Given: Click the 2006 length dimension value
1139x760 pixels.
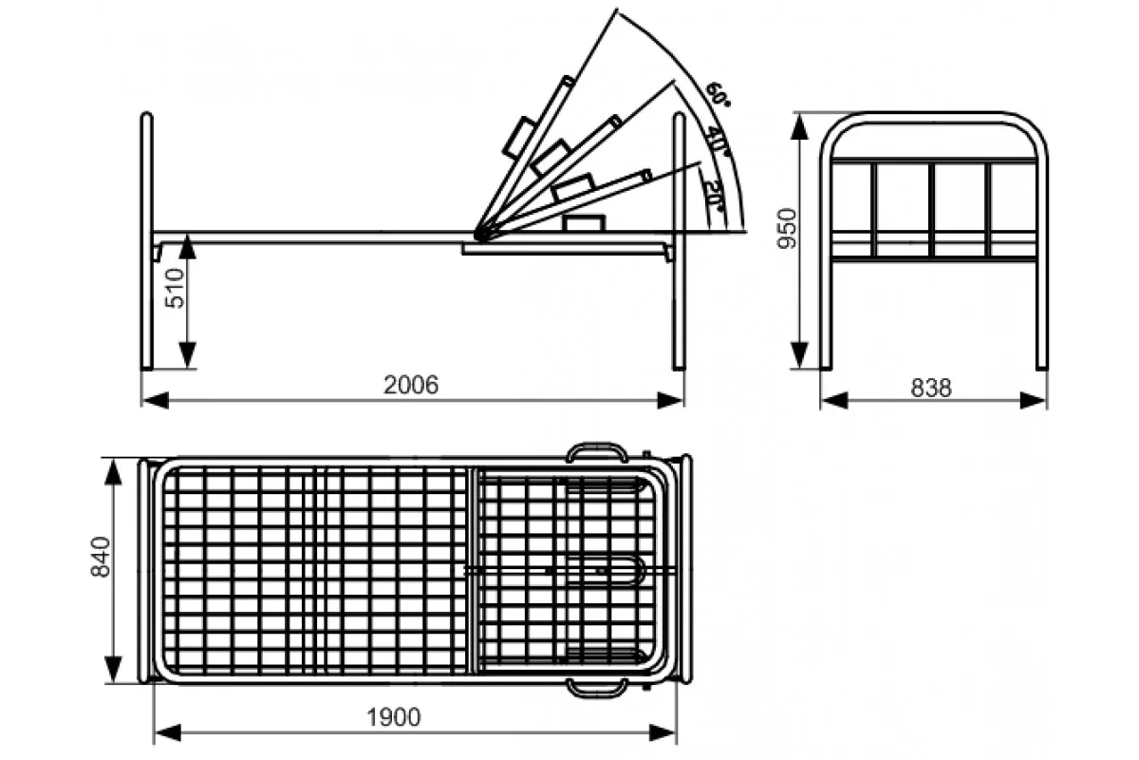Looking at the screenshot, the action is coord(411,385).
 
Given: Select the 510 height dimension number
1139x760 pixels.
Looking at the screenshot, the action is coord(175,288).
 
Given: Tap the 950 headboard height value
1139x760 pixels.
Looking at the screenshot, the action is coord(787,229).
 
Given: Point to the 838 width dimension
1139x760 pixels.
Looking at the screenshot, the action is coord(931,388).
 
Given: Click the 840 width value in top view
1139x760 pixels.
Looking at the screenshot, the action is coord(101,557).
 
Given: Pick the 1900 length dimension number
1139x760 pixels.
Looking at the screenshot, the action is coord(394,717).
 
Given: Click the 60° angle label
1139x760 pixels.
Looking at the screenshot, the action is coord(718,95).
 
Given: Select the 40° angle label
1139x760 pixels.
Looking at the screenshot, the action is coord(716,140).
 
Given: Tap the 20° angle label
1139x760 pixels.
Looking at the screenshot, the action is coord(715,197).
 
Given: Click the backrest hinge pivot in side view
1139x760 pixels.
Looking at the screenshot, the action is coord(480,234).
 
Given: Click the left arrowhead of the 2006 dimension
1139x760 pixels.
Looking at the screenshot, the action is coord(156,400).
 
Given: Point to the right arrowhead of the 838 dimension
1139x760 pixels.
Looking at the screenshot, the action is coord(1034,401).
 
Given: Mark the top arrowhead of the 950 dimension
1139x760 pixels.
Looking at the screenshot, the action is coord(800,126).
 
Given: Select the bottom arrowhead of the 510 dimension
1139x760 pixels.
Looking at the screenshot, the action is coord(188,355).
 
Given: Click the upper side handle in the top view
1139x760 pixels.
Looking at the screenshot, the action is coord(597,452).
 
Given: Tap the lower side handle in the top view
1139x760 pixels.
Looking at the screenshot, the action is coord(596,687).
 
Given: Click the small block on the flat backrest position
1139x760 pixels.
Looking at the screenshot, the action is coord(584,223).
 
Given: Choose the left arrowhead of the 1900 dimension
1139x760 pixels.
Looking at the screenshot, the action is coord(168,733).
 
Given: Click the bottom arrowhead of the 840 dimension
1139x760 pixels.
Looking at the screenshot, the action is coord(113,670).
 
